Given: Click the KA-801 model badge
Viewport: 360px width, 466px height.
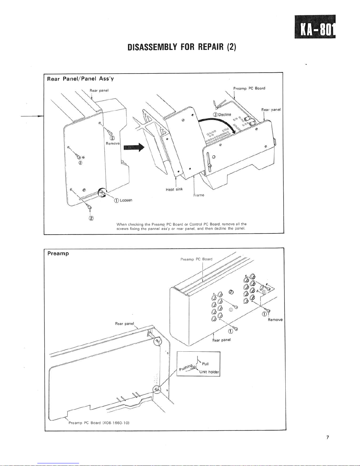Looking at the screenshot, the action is [315, 26].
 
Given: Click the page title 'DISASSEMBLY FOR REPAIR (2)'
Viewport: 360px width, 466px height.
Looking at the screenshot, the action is [182, 47].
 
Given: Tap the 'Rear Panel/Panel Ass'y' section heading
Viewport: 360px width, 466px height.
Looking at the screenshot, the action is [80, 79].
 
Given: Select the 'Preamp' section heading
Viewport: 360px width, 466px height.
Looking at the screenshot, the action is [58, 253].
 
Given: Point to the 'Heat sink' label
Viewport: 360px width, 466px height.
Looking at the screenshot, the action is [174, 189].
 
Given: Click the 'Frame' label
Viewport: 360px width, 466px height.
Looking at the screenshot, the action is [199, 195].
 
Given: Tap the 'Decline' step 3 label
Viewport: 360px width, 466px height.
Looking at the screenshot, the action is [222, 115].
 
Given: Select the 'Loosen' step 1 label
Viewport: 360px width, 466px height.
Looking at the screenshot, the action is [123, 200].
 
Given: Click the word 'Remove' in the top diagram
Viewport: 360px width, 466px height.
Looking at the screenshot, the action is [113, 143].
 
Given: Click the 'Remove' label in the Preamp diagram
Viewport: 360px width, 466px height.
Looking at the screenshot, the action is [275, 320].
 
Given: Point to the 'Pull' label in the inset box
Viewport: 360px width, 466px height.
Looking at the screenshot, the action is [205, 364].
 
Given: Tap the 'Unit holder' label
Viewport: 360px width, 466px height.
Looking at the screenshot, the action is [209, 372].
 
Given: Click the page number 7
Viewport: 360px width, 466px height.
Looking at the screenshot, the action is [327, 437].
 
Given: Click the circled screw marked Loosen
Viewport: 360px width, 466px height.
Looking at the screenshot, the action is [102, 192].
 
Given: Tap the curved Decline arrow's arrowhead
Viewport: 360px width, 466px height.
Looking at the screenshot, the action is [234, 131].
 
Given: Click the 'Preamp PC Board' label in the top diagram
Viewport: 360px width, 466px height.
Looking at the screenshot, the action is [249, 88].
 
